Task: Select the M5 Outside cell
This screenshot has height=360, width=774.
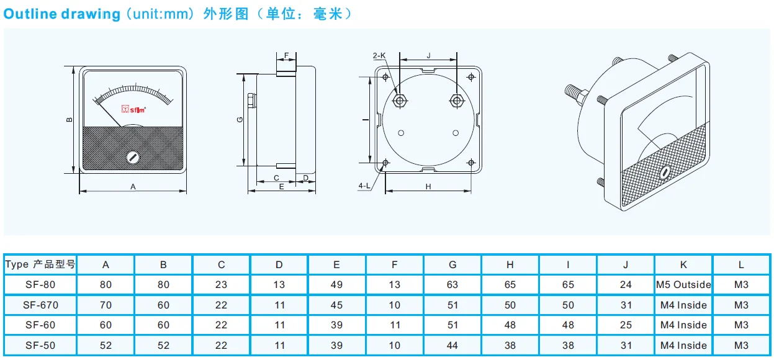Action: [x=683, y=285]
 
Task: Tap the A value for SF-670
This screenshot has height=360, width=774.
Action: [x=106, y=305]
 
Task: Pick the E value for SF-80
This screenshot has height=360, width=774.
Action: [x=336, y=285]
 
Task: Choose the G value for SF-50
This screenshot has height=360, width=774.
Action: [x=452, y=345]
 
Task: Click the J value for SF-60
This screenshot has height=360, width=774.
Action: [x=626, y=325]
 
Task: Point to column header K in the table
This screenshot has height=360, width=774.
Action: [x=683, y=264]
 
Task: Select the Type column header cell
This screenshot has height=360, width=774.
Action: [x=40, y=264]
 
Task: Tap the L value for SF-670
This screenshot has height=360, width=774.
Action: [x=741, y=305]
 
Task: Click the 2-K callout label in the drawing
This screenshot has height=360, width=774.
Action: [x=379, y=56]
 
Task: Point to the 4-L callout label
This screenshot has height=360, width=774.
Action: [x=364, y=186]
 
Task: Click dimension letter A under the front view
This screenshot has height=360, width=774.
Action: [x=133, y=186]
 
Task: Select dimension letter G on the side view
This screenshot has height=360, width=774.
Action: [x=240, y=120]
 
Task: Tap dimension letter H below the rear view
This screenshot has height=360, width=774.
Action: [x=428, y=186]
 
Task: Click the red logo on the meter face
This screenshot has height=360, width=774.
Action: [x=133, y=110]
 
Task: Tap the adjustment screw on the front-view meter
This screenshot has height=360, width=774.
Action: [x=133, y=157]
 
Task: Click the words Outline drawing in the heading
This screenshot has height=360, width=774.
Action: [x=62, y=14]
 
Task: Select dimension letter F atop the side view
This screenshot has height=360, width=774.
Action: [x=286, y=56]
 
